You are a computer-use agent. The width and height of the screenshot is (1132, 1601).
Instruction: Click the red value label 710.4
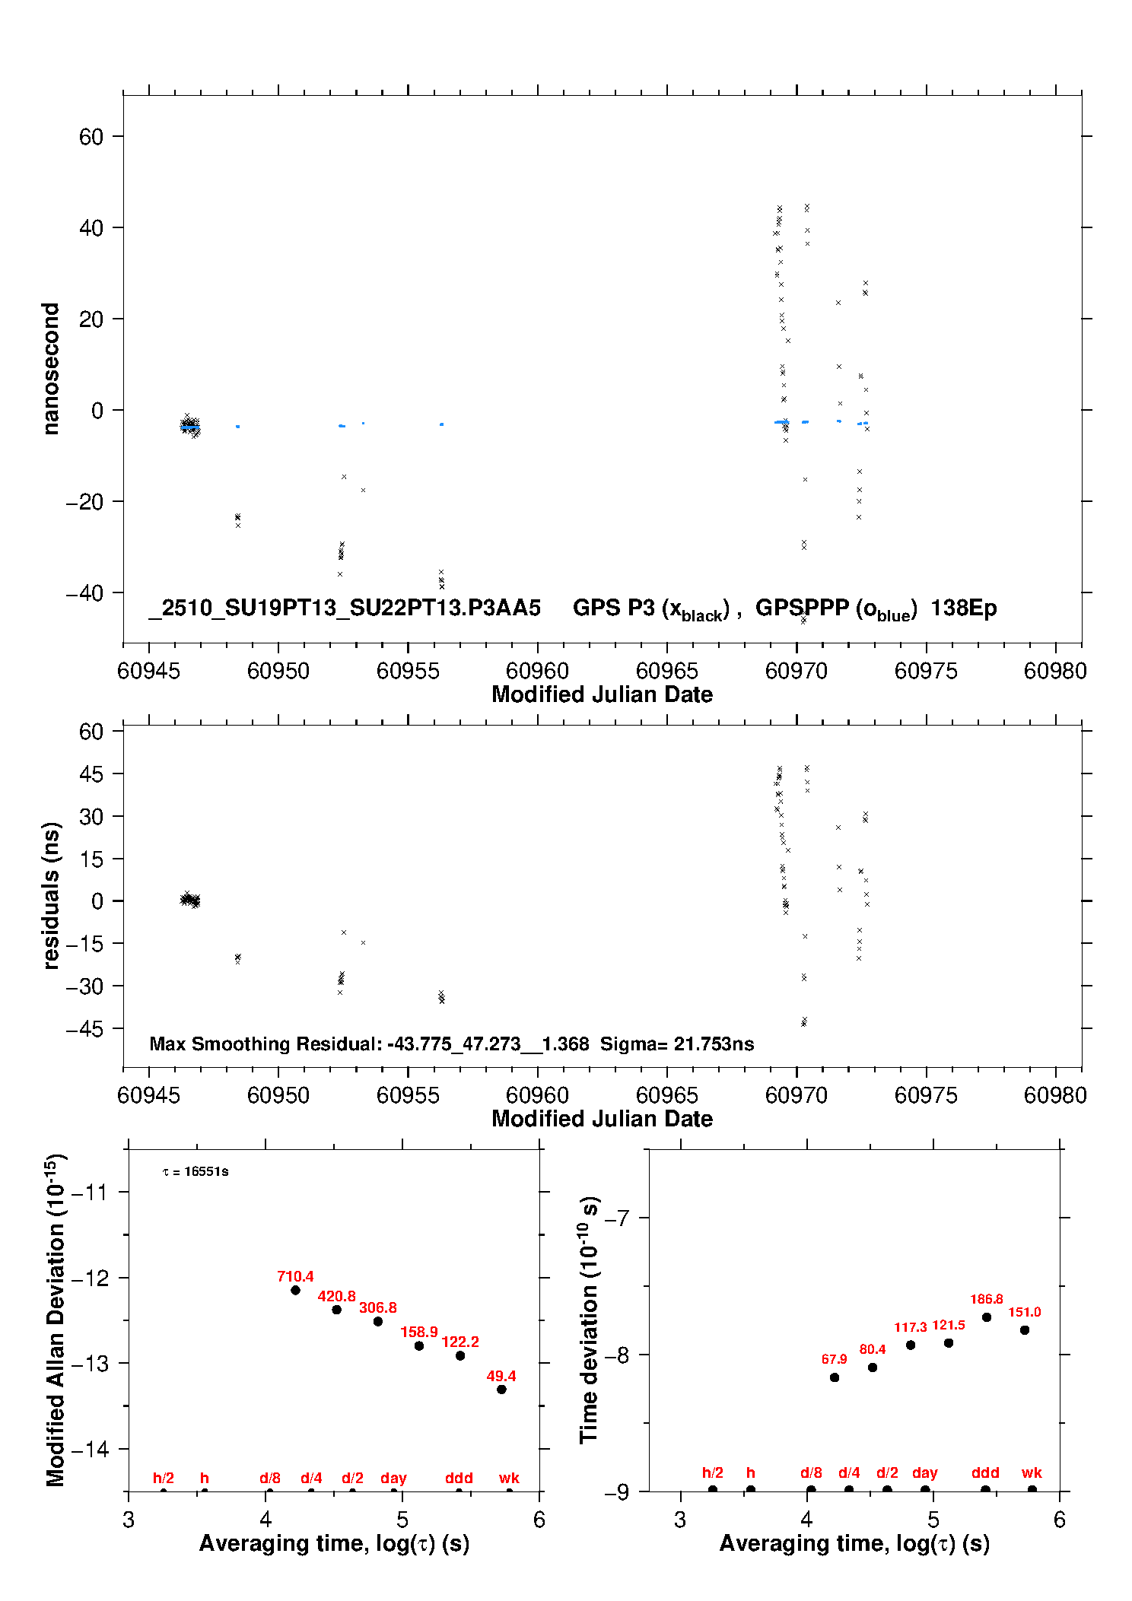tap(295, 1277)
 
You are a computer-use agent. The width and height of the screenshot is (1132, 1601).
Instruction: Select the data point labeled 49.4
tap(501, 1390)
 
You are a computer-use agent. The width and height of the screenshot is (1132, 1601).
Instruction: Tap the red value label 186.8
tap(986, 1300)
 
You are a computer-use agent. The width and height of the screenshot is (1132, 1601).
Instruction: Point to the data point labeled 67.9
tap(835, 1377)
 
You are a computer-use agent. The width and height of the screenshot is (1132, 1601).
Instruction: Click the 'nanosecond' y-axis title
tap(50, 369)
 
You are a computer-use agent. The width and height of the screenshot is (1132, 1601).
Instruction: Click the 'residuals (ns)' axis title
tap(50, 895)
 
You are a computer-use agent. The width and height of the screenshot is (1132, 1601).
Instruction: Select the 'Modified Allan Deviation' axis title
tap(55, 1320)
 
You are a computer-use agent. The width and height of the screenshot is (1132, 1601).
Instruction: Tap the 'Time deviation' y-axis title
tap(589, 1320)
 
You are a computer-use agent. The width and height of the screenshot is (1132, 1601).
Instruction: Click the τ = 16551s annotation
tap(196, 1172)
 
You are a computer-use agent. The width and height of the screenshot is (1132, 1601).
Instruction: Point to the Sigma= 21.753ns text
tap(677, 1044)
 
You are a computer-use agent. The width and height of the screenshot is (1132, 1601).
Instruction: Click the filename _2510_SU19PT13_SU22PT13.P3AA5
tap(345, 608)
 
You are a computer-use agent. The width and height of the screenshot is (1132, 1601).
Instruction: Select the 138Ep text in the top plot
tap(963, 608)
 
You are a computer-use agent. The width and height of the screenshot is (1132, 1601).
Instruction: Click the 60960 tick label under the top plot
tap(537, 671)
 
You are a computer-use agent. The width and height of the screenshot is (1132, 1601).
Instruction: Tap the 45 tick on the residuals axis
tap(91, 774)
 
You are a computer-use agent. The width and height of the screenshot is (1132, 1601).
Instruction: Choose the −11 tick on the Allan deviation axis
tap(90, 1192)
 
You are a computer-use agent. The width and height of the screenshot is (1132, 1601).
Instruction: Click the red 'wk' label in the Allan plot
tap(509, 1478)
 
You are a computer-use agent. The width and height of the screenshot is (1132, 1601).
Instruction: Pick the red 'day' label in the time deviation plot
tap(924, 1472)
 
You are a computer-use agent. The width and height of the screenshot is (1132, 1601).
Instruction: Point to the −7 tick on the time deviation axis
tap(616, 1218)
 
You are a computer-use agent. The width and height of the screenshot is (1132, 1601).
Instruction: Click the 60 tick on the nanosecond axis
tap(91, 137)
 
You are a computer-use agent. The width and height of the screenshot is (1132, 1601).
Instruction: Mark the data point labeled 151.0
tap(1025, 1330)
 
